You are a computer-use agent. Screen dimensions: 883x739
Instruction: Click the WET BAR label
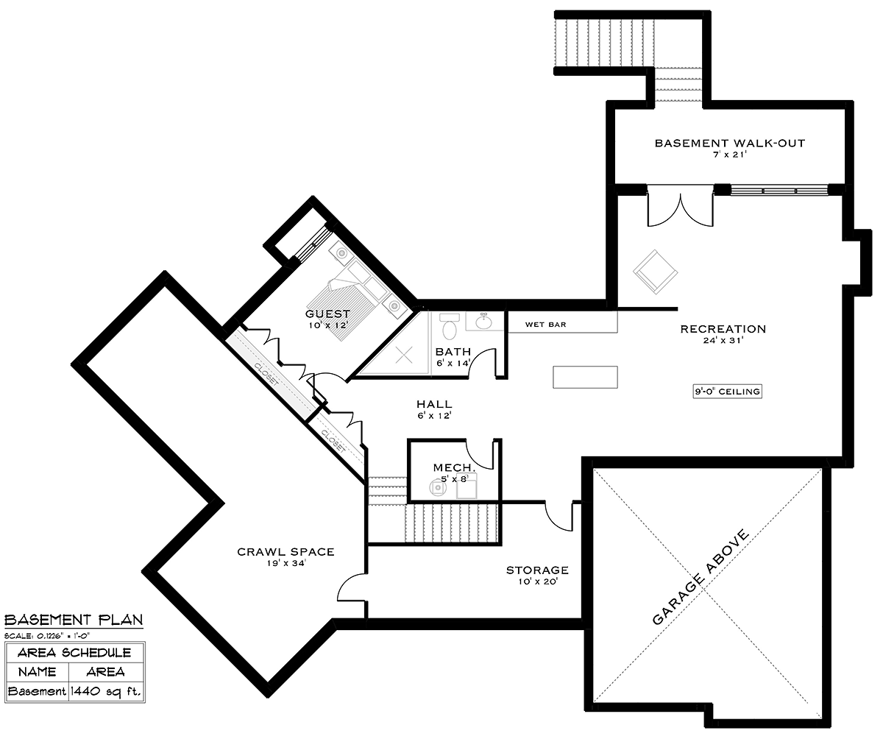coord(545,325)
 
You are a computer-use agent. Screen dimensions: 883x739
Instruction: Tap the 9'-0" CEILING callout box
coord(728,392)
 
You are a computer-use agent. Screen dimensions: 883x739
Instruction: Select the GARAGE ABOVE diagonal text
coord(701,577)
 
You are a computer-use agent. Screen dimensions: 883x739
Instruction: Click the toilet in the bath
coord(449,326)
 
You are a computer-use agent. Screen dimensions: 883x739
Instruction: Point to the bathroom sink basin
coord(483,322)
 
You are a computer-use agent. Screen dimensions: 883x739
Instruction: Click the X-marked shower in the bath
coord(404,355)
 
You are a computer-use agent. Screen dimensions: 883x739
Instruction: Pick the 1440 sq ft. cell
coord(106,692)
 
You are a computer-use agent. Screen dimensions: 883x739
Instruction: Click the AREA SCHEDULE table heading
coord(74,653)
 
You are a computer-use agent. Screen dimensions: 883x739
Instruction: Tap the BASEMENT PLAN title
coord(74,620)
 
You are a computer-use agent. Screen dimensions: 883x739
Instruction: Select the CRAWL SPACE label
coord(286,551)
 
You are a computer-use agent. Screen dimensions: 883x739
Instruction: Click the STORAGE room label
coord(537,570)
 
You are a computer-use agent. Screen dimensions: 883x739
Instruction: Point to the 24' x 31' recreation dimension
coord(723,340)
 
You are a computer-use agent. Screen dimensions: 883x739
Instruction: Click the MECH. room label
coord(455,468)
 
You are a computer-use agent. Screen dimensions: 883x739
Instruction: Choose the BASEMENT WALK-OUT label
coord(729,144)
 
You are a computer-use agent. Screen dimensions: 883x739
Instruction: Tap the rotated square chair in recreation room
coord(655,272)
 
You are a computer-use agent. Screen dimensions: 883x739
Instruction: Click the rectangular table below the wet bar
coord(585,377)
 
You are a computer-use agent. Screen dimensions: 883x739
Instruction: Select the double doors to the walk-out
coord(680,206)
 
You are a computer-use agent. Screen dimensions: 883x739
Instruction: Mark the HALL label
coord(434,404)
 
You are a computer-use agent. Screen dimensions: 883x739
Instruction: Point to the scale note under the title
coord(47,635)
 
